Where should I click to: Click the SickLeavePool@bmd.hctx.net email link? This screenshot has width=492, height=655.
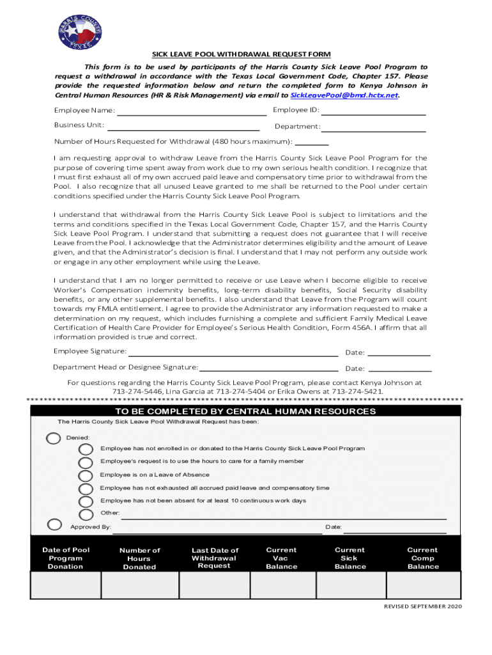pyautogui.click(x=344, y=95)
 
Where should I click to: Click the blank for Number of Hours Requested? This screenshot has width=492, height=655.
pyautogui.click(x=312, y=142)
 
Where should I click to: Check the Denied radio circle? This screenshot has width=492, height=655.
pyautogui.click(x=54, y=438)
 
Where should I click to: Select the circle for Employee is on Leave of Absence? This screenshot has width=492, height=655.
pyautogui.click(x=85, y=475)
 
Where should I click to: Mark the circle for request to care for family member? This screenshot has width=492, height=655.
pyautogui.click(x=85, y=462)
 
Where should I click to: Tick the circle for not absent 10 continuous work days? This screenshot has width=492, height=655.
pyautogui.click(x=85, y=501)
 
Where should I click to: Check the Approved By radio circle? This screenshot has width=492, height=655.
pyautogui.click(x=55, y=525)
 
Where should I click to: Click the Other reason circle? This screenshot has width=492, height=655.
pyautogui.click(x=85, y=514)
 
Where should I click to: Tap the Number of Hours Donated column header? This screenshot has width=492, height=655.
pyautogui.click(x=140, y=558)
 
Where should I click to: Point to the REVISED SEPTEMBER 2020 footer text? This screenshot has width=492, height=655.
pyautogui.click(x=422, y=606)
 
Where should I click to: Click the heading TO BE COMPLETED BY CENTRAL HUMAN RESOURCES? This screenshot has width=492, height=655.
pyautogui.click(x=245, y=411)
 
